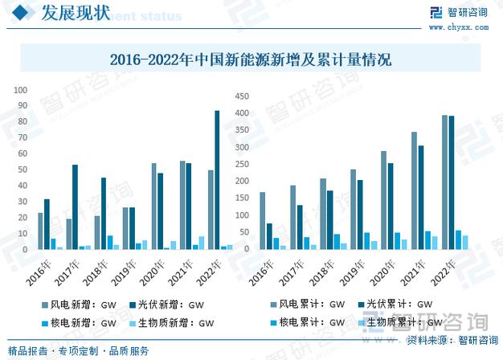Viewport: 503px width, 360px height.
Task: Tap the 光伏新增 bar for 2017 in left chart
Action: [x=75, y=207]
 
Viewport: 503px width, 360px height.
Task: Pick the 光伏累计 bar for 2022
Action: [x=452, y=182]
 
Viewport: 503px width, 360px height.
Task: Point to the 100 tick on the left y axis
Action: [x=22, y=91]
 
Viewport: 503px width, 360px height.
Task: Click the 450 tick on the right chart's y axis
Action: [x=241, y=96]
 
